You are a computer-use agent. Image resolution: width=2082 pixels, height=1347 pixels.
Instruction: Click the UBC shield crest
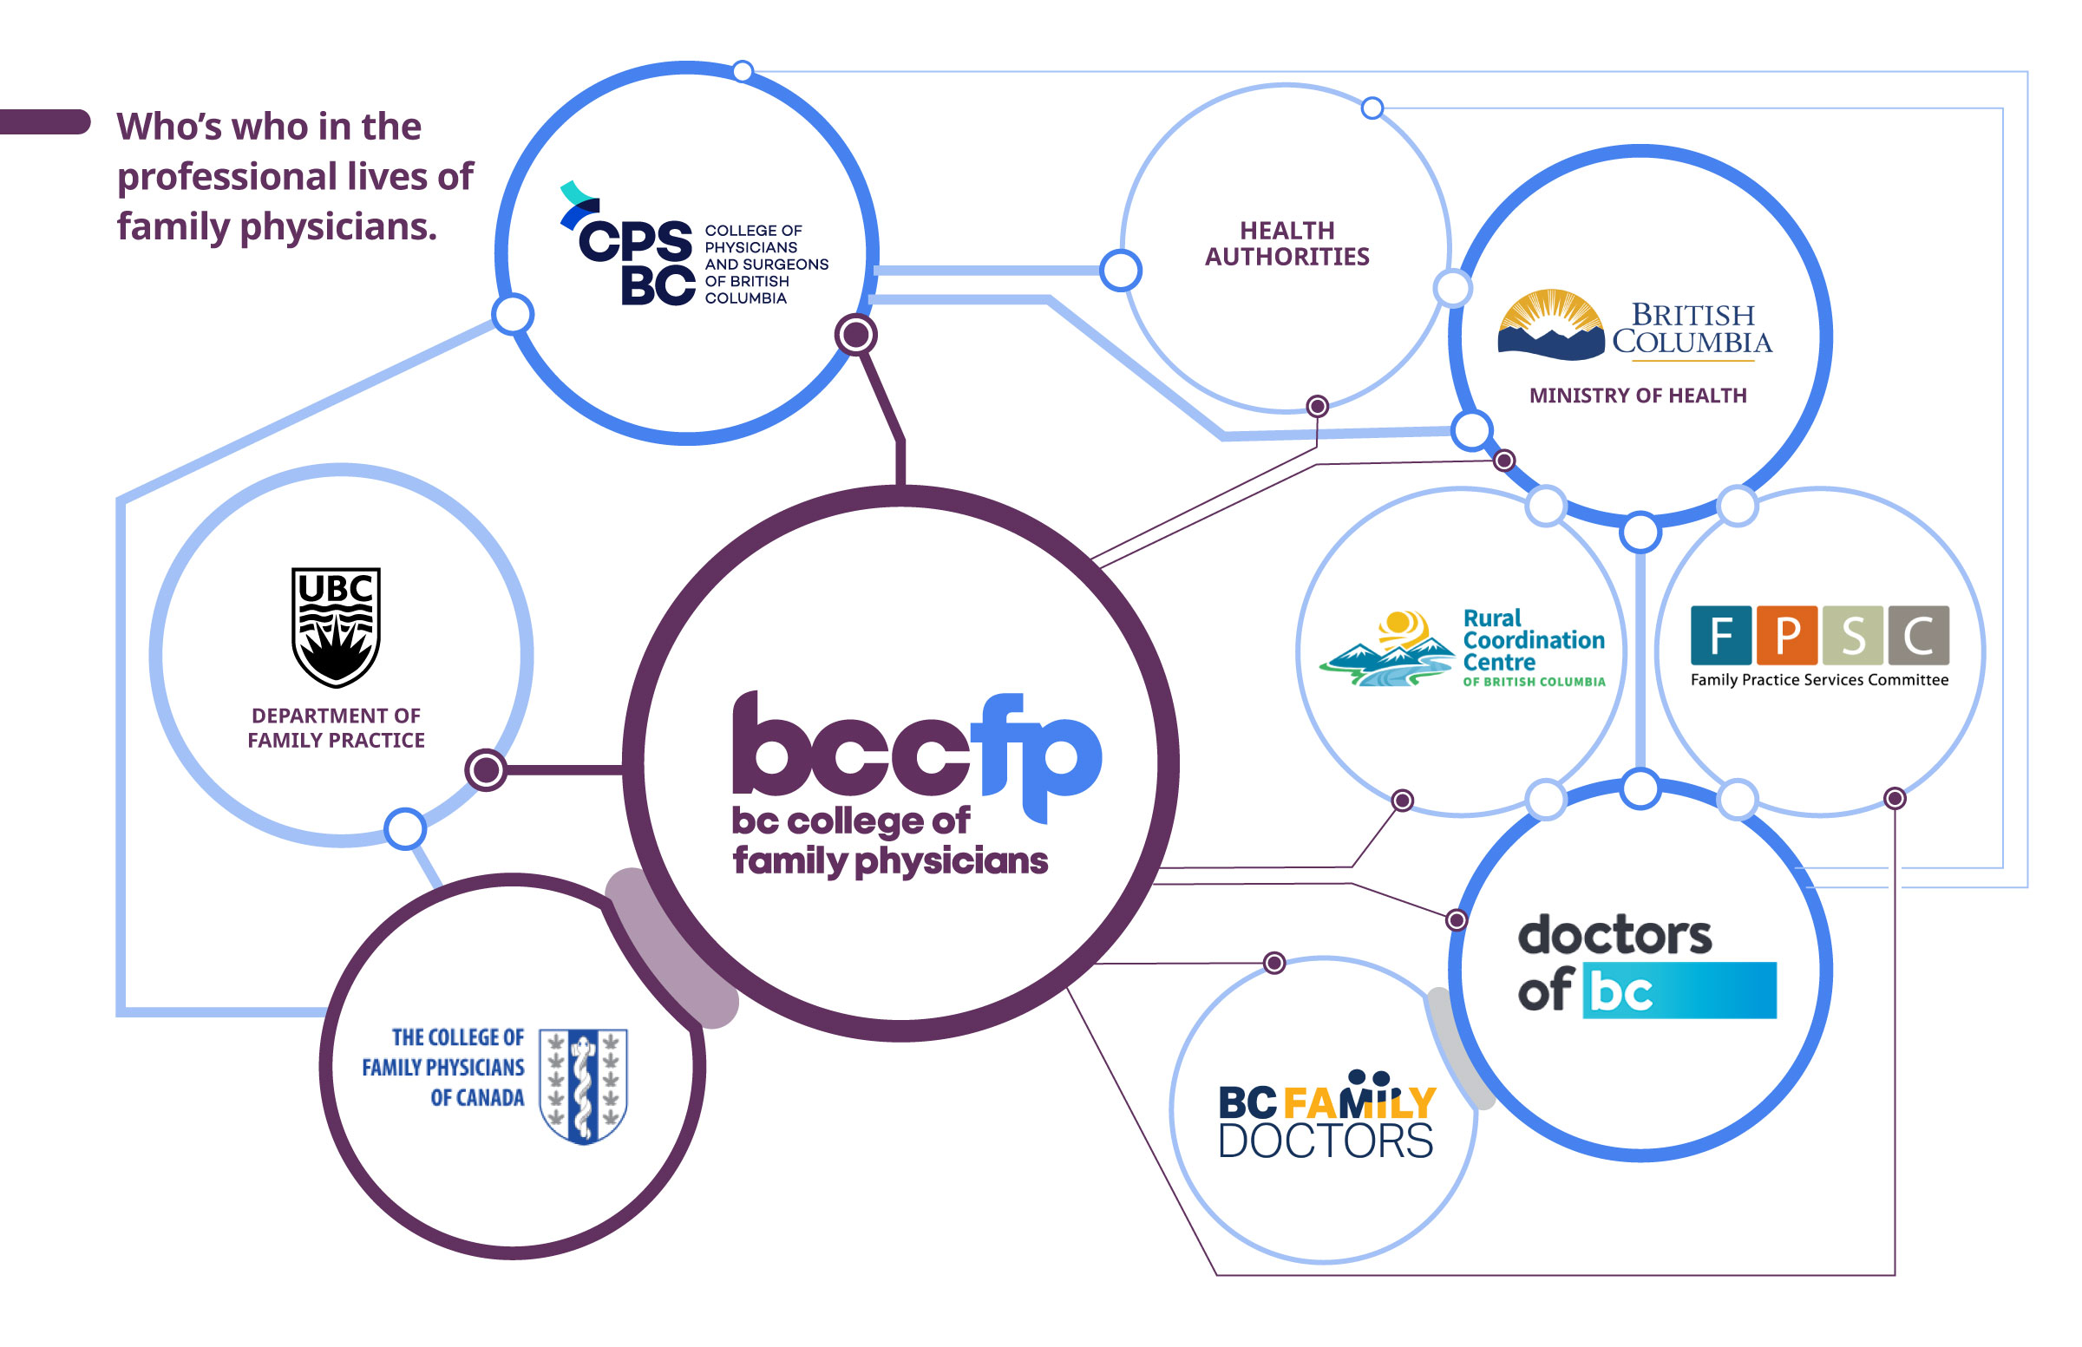click(x=336, y=626)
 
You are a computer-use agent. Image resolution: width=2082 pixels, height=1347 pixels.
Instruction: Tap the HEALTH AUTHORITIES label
click(x=1287, y=243)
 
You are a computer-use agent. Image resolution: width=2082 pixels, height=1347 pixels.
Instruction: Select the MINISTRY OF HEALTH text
click(x=1638, y=396)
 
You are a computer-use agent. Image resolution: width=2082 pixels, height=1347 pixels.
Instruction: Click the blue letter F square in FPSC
click(x=1721, y=635)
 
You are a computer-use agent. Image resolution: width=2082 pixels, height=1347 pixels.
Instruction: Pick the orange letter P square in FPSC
click(x=1787, y=635)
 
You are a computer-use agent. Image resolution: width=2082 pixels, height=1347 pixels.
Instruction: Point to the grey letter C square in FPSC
click(x=1918, y=635)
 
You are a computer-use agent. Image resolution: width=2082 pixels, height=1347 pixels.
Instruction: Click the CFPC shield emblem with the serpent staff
click(x=584, y=1085)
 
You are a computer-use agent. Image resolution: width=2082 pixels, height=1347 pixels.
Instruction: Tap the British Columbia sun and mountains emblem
click(x=1550, y=324)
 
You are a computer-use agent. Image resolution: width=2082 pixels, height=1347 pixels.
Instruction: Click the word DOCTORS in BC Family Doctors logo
click(x=1326, y=1141)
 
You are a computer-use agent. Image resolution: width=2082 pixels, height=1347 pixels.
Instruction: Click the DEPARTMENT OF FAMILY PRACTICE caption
click(x=336, y=728)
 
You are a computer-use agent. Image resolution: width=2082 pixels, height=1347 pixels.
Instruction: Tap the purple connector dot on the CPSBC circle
click(x=855, y=334)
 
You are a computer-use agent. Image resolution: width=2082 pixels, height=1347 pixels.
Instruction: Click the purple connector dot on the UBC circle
click(x=486, y=769)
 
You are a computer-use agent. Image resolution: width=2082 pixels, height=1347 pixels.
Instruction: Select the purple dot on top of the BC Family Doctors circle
click(x=1274, y=963)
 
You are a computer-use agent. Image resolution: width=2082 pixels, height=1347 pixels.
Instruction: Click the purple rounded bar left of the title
click(x=43, y=121)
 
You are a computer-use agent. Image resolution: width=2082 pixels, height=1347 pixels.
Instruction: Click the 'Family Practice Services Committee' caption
click(x=1819, y=680)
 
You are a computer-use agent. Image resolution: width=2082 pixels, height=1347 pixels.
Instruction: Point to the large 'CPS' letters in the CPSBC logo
click(x=635, y=240)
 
